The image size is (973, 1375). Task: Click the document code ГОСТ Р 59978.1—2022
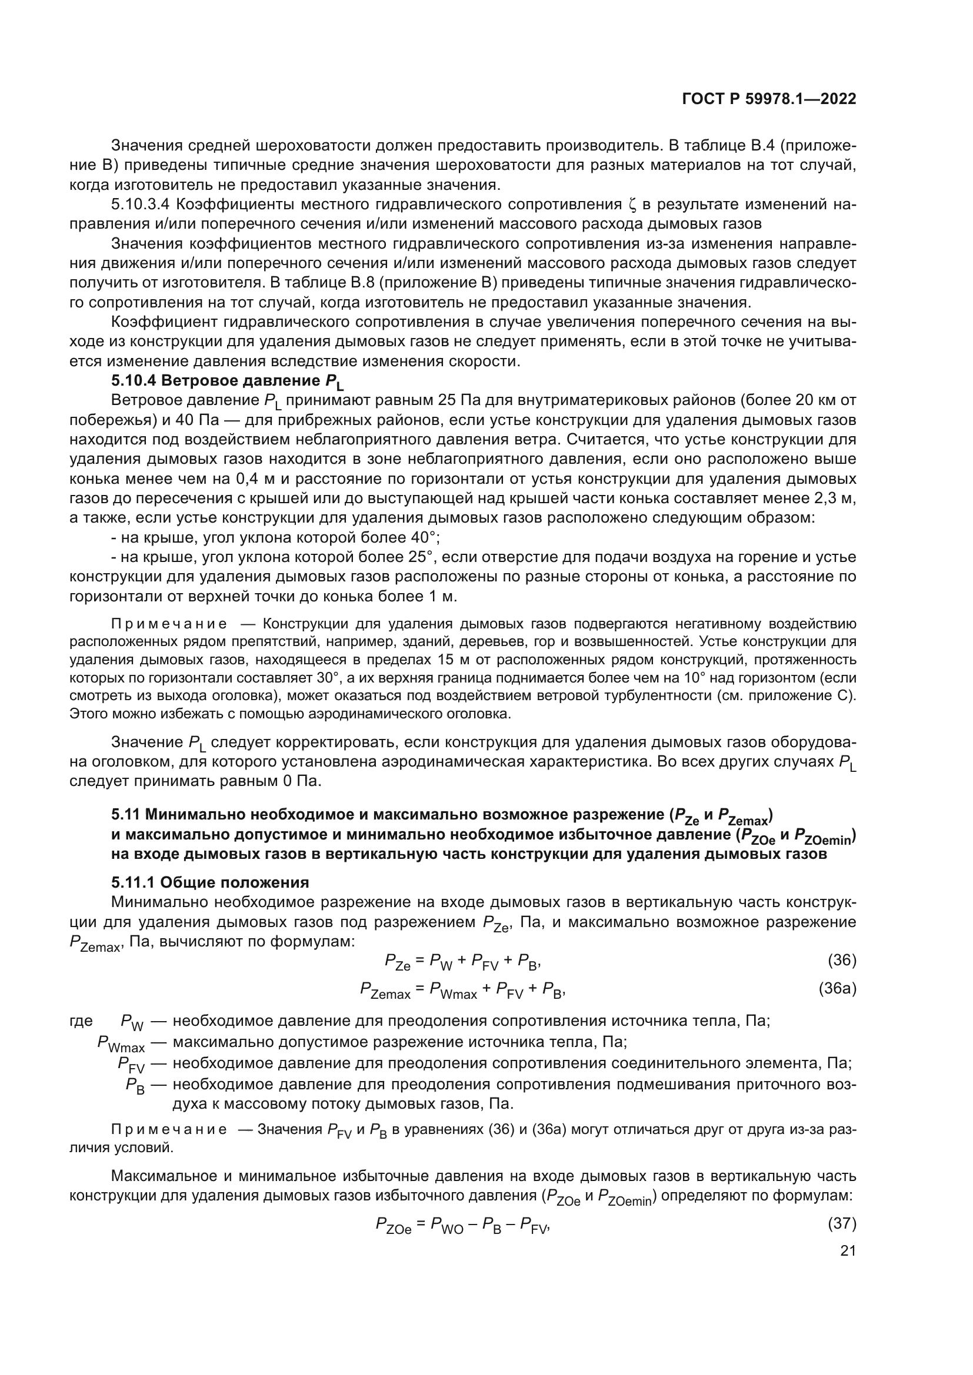pos(769,99)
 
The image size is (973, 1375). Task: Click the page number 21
pos(848,1250)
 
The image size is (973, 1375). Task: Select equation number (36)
pos(842,961)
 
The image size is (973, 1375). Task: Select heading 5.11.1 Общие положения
pos(209,882)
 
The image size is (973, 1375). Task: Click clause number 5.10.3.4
pos(141,205)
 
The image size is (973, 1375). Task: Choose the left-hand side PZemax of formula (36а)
pos(385,990)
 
